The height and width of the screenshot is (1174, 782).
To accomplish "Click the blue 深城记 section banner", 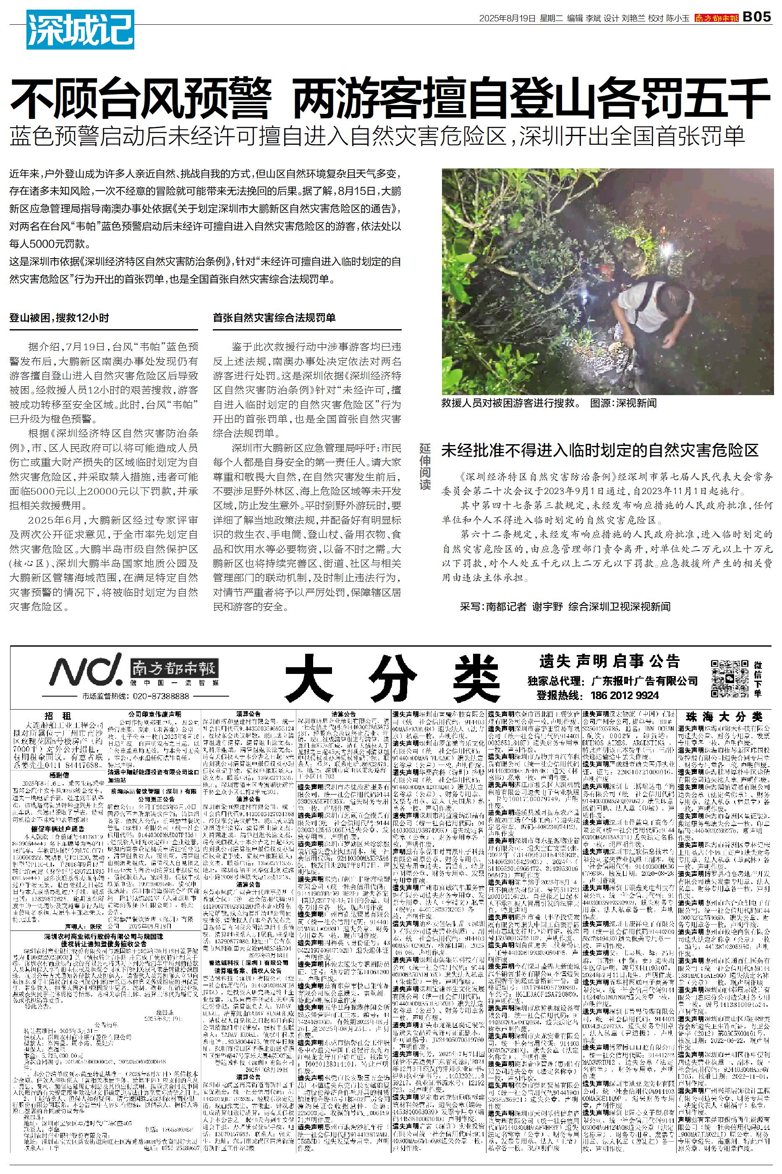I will tap(80, 29).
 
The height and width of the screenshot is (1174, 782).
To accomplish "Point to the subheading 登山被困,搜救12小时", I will tap(59, 318).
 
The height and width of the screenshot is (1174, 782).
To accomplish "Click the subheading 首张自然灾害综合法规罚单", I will tap(274, 318).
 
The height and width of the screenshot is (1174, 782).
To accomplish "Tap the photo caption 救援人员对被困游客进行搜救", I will tap(511, 403).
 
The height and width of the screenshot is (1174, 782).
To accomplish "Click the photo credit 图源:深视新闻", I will tap(623, 403).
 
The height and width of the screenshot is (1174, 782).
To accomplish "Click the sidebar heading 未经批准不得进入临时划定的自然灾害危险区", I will tap(599, 451).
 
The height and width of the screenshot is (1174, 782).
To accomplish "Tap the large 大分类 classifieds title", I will tap(394, 677).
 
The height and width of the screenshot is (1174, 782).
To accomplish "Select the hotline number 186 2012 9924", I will tap(625, 695).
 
